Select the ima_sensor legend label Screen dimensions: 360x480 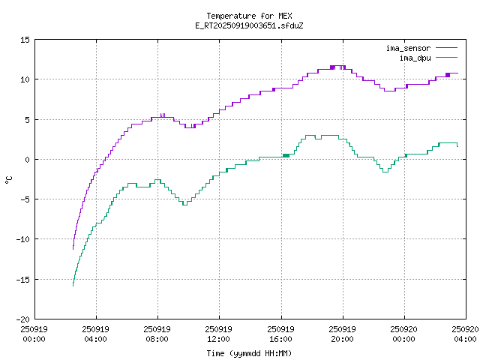tap(409, 48)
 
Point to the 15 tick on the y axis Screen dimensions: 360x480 tap(25, 40)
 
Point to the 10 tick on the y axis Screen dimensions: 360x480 tap(25, 79)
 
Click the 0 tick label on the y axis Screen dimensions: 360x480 tap(27, 159)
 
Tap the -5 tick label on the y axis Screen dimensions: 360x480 tap(25, 199)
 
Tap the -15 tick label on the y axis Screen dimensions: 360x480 tap(22, 279)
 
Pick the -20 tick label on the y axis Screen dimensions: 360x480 tap(22, 319)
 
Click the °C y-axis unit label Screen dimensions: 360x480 tap(9, 179)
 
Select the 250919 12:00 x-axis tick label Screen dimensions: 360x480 tap(218, 333)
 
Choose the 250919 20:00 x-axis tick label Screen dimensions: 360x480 tap(343, 333)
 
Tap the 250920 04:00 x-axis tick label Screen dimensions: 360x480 tap(466, 333)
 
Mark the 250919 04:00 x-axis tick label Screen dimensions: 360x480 tap(95, 333)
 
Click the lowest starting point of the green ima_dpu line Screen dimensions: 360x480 tap(73, 286)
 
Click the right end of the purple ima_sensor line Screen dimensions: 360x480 tap(457, 73)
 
